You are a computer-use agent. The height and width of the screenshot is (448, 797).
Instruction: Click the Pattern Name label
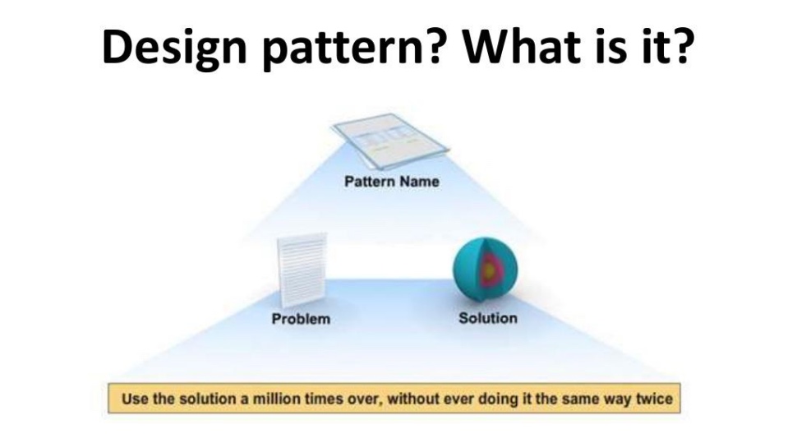click(392, 182)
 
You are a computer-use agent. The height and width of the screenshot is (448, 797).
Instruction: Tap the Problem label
click(301, 319)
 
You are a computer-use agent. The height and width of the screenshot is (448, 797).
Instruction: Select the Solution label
click(488, 318)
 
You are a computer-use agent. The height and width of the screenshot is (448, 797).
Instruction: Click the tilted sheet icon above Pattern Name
click(389, 141)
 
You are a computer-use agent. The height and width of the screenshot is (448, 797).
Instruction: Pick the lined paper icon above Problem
click(302, 270)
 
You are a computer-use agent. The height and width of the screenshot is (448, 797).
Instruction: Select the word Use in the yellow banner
click(135, 399)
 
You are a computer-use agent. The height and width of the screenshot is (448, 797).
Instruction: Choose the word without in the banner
click(412, 399)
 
